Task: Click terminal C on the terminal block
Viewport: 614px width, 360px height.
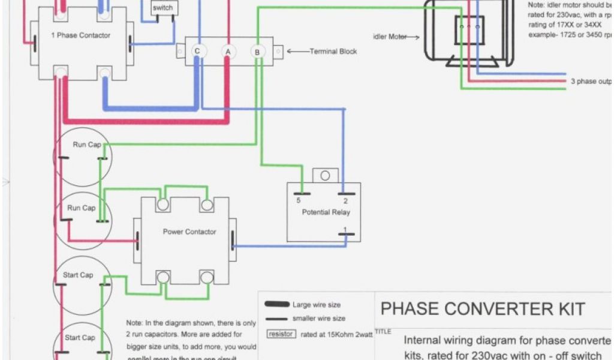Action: pos(197,52)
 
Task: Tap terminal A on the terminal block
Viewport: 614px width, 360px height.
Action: pos(228,52)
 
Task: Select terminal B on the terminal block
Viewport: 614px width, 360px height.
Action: pos(257,52)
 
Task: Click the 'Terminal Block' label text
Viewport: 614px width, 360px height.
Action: pos(333,52)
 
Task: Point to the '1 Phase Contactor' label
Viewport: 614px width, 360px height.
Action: pos(80,35)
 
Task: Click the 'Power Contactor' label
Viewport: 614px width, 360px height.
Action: pos(189,232)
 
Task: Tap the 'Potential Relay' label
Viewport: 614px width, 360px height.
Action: pos(326,212)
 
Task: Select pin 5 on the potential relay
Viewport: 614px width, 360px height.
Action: pos(299,200)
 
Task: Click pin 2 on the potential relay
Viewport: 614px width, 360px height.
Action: pos(345,200)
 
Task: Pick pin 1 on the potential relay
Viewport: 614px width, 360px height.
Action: pos(345,229)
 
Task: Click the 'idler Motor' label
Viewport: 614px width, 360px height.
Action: pos(390,37)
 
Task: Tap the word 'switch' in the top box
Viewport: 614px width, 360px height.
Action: pos(162,8)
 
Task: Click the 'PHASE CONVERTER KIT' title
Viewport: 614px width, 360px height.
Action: pos(483,309)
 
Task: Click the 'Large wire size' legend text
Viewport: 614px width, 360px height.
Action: pos(317,305)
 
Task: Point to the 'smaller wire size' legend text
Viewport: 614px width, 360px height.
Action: pos(318,319)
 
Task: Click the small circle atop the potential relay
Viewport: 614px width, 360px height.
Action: pos(325,175)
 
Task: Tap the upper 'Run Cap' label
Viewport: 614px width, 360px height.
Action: pos(87,145)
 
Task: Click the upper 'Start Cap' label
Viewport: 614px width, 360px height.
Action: pos(78,275)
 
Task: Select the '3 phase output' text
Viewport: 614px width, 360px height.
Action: pos(591,81)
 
